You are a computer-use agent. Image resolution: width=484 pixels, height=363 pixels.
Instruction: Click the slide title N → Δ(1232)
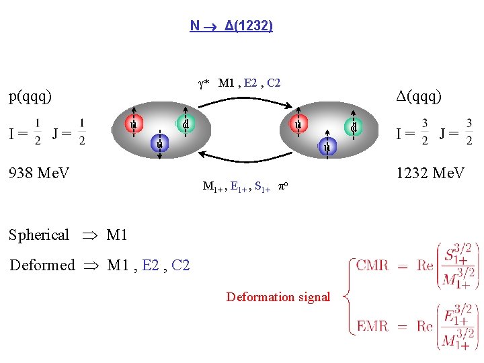click(x=231, y=26)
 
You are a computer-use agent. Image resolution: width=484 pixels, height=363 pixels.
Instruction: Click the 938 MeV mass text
click(x=38, y=173)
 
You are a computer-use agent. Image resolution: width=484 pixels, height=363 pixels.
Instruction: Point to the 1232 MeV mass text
click(x=430, y=173)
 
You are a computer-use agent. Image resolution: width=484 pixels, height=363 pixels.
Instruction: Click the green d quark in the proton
click(x=185, y=124)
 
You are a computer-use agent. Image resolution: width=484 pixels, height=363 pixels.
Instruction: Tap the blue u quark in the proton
click(x=160, y=143)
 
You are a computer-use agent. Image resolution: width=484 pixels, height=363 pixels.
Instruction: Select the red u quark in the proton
click(x=134, y=124)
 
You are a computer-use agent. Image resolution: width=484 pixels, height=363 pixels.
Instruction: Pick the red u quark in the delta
click(x=297, y=124)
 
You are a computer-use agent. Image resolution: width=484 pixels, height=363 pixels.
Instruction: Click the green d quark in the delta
click(x=354, y=126)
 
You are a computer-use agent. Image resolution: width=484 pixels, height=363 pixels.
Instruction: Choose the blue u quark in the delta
click(x=327, y=147)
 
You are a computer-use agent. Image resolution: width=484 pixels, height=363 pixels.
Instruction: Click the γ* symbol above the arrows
click(x=204, y=84)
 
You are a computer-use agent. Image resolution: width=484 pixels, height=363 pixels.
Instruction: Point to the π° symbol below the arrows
click(x=285, y=188)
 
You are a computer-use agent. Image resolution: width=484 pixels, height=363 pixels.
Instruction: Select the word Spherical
click(x=39, y=235)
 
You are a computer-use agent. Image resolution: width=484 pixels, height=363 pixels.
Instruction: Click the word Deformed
click(x=42, y=265)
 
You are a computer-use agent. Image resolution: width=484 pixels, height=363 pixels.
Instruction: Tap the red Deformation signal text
click(x=278, y=296)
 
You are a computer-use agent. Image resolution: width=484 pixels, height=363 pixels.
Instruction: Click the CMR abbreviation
click(x=372, y=265)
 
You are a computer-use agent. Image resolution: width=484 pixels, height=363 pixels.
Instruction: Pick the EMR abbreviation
click(x=372, y=326)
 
